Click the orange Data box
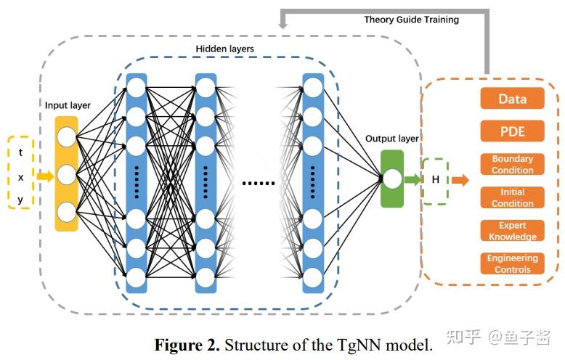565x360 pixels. coord(512,98)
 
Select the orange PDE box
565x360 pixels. coord(512,131)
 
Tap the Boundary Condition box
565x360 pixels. coord(512,164)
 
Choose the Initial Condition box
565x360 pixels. coord(512,197)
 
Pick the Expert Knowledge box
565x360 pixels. coord(512,230)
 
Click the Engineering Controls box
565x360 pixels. coord(512,263)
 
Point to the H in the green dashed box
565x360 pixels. coord(435,179)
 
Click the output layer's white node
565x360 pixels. coord(392,179)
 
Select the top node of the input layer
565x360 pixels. coord(67,136)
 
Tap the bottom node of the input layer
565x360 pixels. coord(67,212)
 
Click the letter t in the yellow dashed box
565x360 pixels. coord(20,152)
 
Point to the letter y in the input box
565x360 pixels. coord(20,200)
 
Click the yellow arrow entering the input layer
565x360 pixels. coord(45,176)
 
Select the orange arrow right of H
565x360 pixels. coord(460,180)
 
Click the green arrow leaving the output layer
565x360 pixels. coord(412,179)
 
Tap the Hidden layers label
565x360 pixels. coord(225,49)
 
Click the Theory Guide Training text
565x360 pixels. coord(412,20)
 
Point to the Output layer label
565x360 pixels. coord(392,139)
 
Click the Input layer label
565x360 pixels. coord(68,105)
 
